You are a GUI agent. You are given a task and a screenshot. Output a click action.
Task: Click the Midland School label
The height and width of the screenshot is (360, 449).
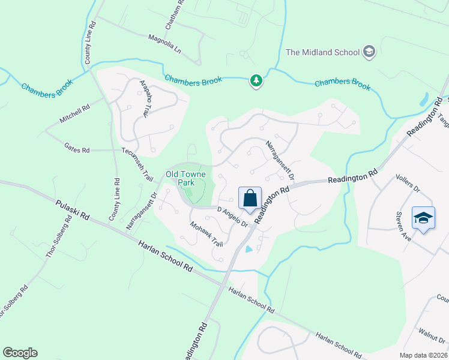click(x=322, y=52)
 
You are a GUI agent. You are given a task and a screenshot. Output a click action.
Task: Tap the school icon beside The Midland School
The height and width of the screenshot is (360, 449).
click(x=369, y=52)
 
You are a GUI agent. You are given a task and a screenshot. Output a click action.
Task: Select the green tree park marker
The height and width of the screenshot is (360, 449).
click(x=256, y=80)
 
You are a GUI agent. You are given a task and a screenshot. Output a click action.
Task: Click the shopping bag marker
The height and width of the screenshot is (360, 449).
click(x=250, y=197)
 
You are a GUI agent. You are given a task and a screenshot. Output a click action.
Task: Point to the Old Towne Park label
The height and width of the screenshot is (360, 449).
click(x=185, y=178)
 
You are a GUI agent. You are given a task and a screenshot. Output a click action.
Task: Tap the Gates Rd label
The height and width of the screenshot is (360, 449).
click(x=77, y=147)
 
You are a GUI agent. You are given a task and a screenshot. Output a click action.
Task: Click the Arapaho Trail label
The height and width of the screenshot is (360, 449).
click(x=145, y=97)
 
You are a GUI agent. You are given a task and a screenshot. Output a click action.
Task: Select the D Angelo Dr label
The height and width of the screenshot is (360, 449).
click(x=233, y=217)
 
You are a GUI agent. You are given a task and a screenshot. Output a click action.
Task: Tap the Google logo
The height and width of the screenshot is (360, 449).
click(x=20, y=353)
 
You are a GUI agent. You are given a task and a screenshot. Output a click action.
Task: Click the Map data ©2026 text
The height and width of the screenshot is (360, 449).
click(x=423, y=355)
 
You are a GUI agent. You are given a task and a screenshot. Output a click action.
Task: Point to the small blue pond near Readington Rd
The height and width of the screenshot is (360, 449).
click(x=249, y=249)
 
